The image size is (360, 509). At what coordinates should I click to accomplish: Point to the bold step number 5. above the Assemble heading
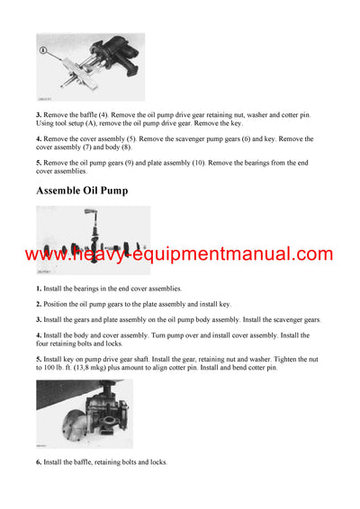[39, 160]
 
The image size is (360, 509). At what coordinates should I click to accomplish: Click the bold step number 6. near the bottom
[39, 462]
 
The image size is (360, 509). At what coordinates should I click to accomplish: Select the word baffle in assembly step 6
[87, 462]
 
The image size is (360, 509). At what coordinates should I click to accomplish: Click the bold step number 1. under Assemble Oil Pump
[39, 289]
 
